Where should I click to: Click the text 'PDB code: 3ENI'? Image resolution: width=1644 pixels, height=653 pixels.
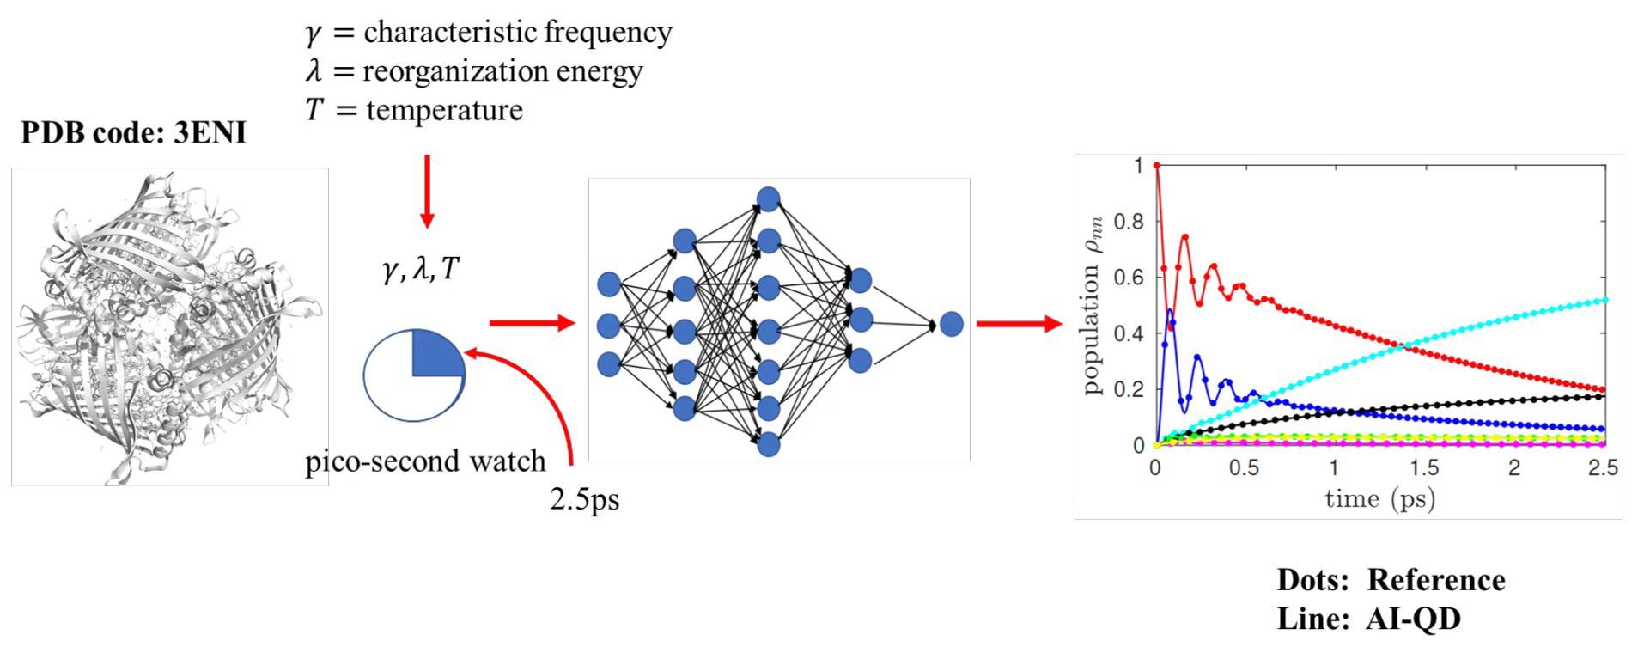point(133,133)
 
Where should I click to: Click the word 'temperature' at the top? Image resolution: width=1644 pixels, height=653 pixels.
point(444,111)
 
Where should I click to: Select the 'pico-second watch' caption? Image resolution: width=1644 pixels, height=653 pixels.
point(425,461)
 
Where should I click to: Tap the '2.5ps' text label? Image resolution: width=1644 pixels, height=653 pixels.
point(584,499)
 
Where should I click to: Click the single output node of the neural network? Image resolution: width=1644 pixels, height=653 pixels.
point(951,324)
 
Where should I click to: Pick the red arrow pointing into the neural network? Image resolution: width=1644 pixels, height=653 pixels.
point(531,323)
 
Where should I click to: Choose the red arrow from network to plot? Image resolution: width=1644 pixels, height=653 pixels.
point(1019,324)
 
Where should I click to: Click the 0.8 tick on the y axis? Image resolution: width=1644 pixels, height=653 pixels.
point(1129,222)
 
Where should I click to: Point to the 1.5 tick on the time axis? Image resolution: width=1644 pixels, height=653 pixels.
point(1422,468)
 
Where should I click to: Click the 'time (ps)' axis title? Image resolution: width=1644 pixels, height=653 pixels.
point(1379,498)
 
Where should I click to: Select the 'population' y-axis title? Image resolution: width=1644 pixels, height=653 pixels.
point(1092,326)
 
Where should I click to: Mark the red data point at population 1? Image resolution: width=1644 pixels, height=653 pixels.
point(1157,165)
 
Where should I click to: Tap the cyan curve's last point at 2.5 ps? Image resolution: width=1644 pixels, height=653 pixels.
point(1605,300)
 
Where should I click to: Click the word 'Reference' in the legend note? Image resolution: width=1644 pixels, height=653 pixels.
point(1435,580)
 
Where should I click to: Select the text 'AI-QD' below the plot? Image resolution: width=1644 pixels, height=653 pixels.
point(1412,619)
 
